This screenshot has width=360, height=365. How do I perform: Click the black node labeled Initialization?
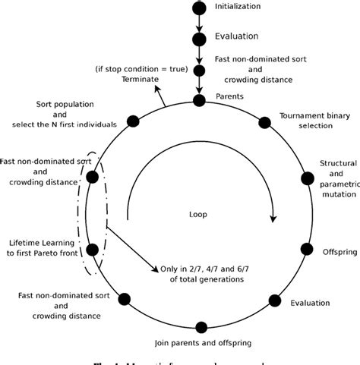pyautogui.click(x=199, y=8)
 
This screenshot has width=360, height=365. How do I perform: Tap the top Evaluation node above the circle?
pyautogui.click(x=199, y=38)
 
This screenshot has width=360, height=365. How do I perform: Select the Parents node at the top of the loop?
pyautogui.click(x=199, y=99)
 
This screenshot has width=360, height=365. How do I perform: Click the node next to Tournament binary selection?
pyautogui.click(x=264, y=121)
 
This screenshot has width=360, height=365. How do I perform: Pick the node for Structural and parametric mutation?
pyautogui.click(x=307, y=178)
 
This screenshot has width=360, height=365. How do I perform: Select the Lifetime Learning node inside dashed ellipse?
pyautogui.click(x=93, y=249)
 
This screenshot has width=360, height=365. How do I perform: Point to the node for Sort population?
pyautogui.click(x=133, y=121)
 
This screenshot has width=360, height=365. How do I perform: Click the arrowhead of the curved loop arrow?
pyautogui.click(x=271, y=219)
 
